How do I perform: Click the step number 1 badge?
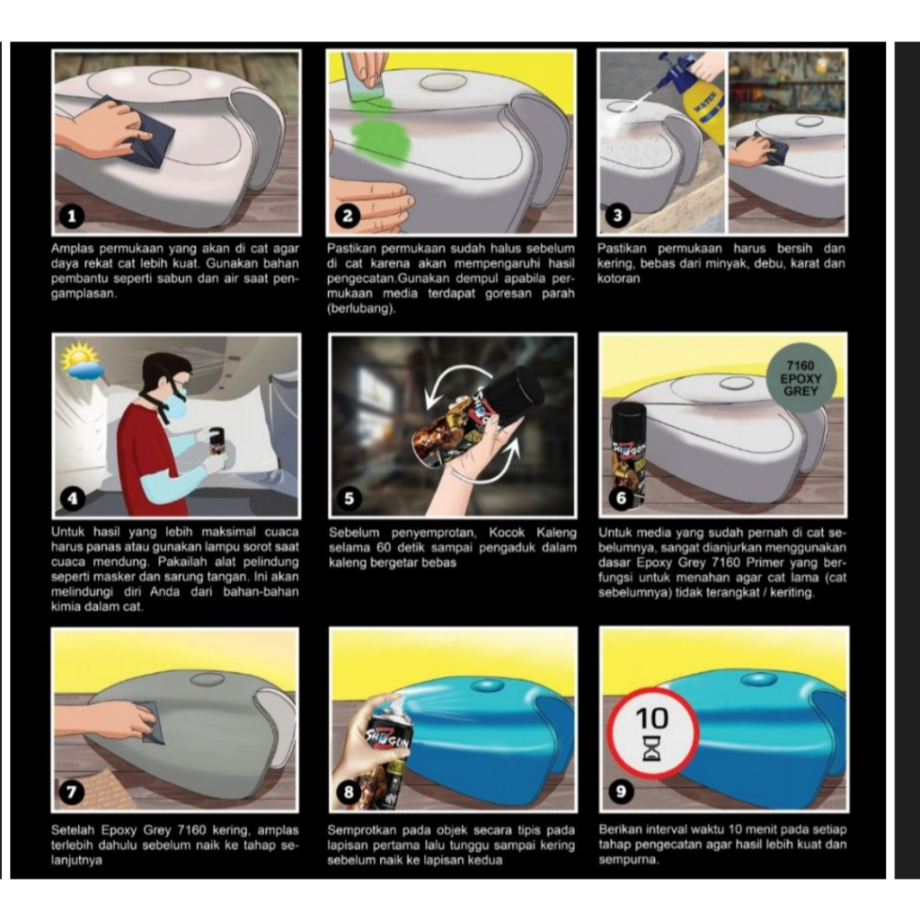[72, 217]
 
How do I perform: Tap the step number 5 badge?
[349, 499]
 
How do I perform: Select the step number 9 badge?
[620, 792]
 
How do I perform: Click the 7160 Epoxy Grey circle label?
[801, 378]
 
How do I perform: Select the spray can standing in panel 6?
[628, 454]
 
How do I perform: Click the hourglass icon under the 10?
[651, 748]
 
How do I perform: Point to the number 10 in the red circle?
[651, 718]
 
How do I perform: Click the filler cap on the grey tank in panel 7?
[208, 679]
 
